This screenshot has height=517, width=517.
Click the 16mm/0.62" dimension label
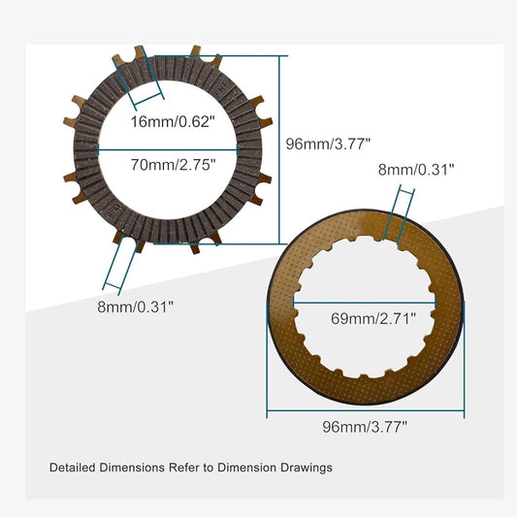click(x=184, y=122)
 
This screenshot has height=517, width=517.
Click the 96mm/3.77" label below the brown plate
click(x=365, y=425)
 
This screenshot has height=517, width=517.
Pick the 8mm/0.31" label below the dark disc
click(x=136, y=306)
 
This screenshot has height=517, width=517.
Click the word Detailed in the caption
click(x=74, y=468)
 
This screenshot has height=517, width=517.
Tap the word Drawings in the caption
click(x=306, y=468)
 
